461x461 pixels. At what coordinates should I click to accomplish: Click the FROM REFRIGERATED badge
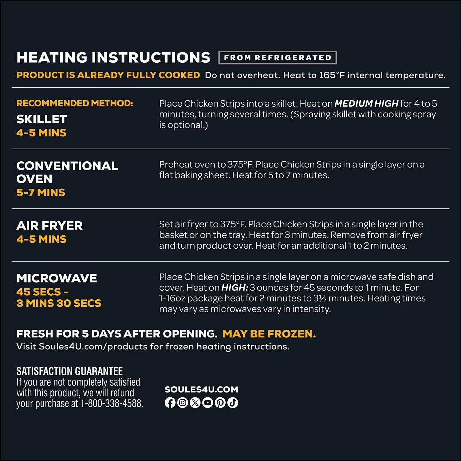278,57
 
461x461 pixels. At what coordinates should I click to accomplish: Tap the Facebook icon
170,403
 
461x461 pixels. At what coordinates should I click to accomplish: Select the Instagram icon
183,403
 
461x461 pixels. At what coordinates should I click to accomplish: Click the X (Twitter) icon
195,403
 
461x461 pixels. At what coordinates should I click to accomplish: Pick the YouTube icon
208,403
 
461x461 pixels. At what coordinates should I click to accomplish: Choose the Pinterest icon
220,403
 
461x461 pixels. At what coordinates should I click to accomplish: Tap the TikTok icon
233,403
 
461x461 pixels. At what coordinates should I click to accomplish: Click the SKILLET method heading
41,119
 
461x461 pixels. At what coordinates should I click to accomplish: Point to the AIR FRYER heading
49,226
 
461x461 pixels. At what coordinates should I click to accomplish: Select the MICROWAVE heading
57,278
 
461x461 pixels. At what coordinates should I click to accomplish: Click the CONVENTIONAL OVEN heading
67,172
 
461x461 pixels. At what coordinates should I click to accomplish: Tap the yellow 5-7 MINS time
41,193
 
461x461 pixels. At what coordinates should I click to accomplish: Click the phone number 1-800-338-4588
112,404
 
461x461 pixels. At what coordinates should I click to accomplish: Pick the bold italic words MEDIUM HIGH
366,104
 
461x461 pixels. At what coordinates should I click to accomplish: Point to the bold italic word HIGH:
234,288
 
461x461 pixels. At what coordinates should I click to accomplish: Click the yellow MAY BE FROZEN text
269,334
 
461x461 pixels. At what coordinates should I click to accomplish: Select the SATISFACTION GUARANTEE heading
69,371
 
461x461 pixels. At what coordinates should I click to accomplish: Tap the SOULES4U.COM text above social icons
201,389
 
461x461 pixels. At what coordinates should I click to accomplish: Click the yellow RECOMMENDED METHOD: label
75,103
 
